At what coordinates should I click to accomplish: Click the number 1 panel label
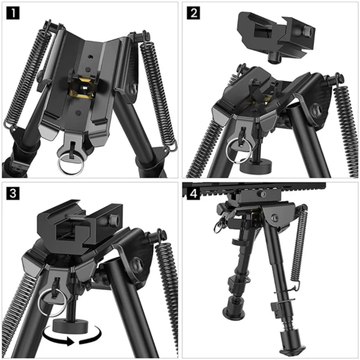12,12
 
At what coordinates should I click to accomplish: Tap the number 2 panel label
193,12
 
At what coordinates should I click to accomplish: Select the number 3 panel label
12,193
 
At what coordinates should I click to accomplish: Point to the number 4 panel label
193,193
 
